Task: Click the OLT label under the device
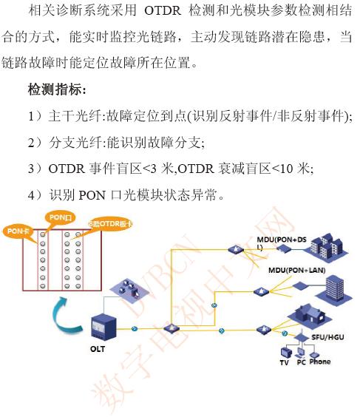[98, 348]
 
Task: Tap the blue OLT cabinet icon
[103, 328]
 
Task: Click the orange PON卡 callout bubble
[18, 231]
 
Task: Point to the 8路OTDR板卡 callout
[110, 224]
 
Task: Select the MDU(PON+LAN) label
[296, 270]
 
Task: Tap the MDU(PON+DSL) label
[282, 243]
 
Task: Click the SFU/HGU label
[327, 337]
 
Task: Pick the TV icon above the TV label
[286, 353]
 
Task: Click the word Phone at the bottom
[320, 362]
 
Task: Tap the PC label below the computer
[301, 362]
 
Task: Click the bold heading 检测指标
[57, 89]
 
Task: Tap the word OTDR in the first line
[163, 11]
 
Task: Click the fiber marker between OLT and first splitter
[135, 329]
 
